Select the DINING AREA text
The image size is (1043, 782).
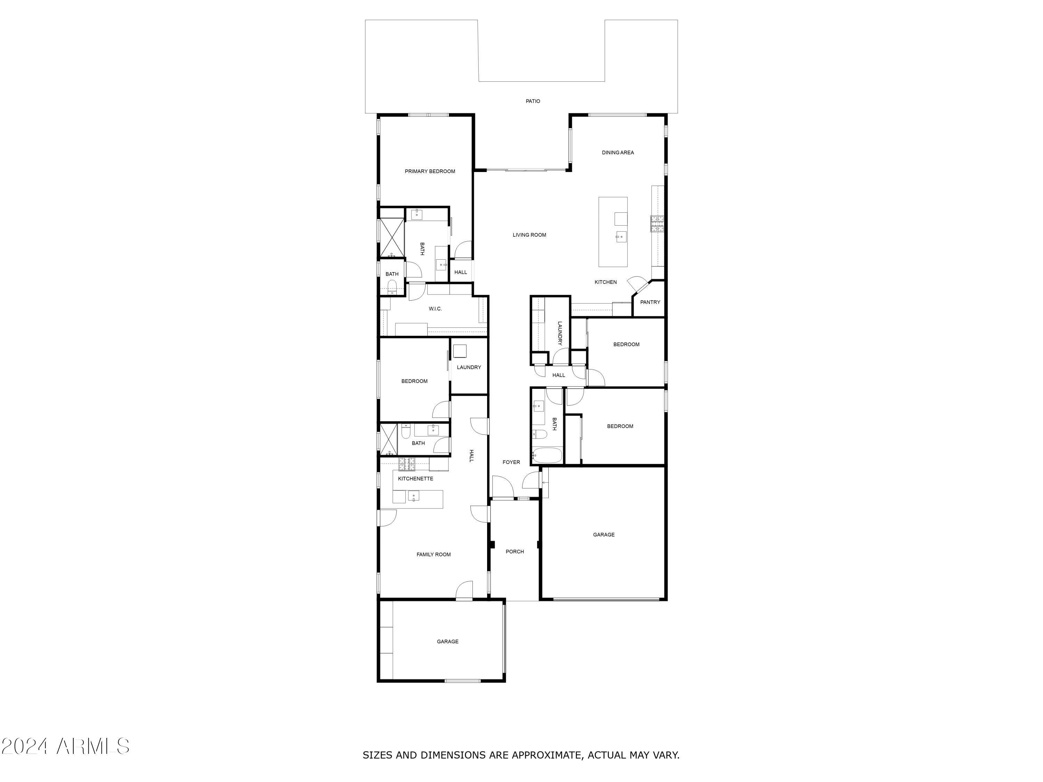click(x=618, y=153)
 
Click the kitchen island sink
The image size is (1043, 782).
click(x=621, y=237)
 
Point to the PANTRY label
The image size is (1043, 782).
click(x=650, y=302)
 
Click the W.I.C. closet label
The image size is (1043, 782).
click(x=435, y=309)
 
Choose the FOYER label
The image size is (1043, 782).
click(x=511, y=462)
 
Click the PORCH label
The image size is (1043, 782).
click(x=515, y=552)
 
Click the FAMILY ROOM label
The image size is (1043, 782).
click(x=433, y=554)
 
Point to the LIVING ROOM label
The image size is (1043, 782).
click(x=529, y=235)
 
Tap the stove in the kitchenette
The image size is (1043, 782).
click(x=407, y=464)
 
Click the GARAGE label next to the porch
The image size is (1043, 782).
click(x=604, y=535)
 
